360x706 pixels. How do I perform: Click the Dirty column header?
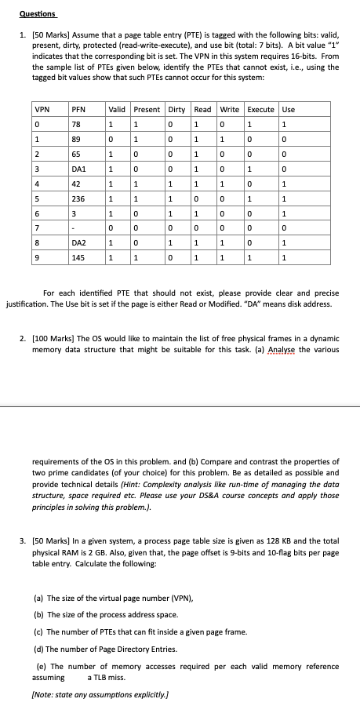coord(177,109)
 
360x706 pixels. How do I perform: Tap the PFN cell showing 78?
coord(76,123)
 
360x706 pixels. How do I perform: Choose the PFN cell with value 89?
coord(76,138)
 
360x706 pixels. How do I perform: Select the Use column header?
coord(288,109)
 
